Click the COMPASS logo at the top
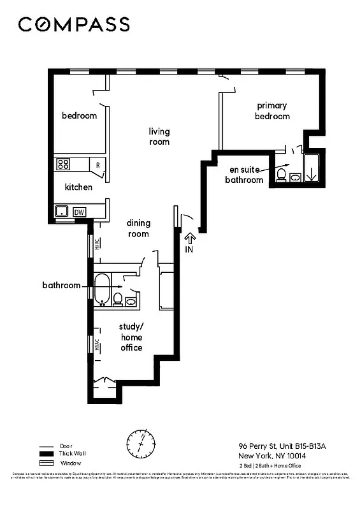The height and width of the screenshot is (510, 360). [74, 24]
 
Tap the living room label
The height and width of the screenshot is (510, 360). [159, 136]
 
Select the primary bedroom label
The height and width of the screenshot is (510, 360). [272, 110]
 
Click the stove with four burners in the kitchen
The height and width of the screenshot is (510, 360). [64, 164]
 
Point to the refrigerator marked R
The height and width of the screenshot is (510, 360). [97, 164]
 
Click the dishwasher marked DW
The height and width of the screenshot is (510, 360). [80, 212]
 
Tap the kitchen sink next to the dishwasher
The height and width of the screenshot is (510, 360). [62, 212]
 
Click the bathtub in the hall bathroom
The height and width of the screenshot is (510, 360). [103, 289]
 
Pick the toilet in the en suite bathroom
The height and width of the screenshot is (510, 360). [281, 174]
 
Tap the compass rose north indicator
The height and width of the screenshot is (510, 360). [141, 441]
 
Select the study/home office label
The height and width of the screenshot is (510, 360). [131, 337]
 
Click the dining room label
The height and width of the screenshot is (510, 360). [138, 228]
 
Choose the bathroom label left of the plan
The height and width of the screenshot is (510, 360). [61, 285]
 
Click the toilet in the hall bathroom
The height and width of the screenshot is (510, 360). [119, 298]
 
